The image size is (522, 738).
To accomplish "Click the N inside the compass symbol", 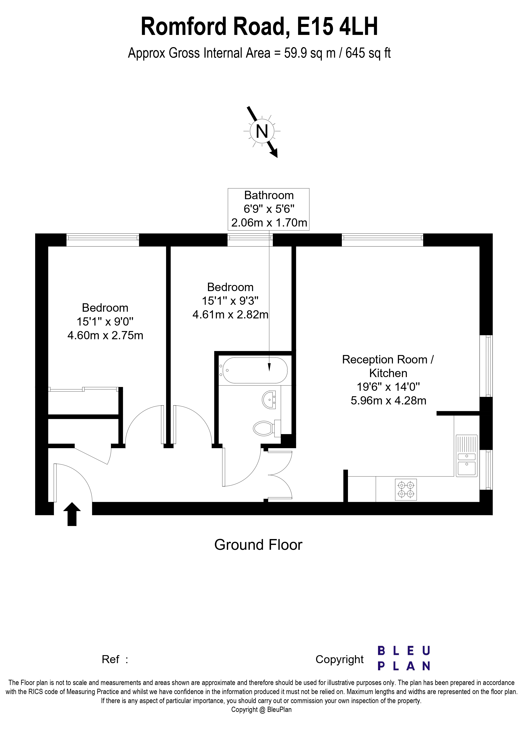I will tap(262, 131).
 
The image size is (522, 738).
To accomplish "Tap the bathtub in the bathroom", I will tap(255, 370).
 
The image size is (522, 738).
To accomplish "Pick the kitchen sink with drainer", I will tap(466, 456).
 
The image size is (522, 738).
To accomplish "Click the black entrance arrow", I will tap(72, 514).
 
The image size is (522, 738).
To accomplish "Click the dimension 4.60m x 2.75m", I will tap(105, 336).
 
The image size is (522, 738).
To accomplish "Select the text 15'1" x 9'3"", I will tap(230, 301).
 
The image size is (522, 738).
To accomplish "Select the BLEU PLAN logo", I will tap(404, 659).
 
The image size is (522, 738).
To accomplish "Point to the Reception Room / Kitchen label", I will tap(388, 366).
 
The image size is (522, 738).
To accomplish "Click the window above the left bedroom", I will tap(103, 240).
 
